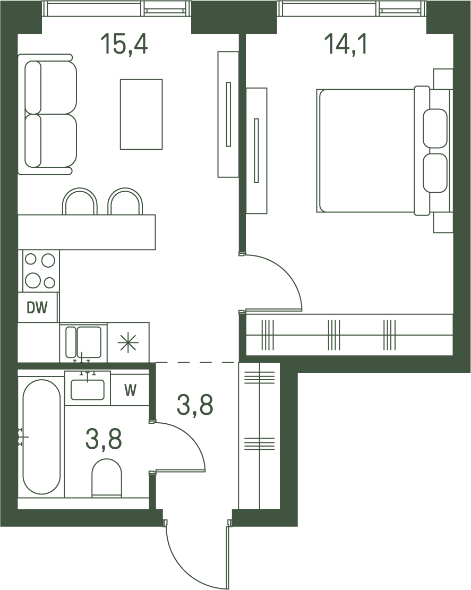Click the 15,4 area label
pyautogui.click(x=124, y=44)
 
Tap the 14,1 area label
pyautogui.click(x=345, y=44)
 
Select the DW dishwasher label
pyautogui.click(x=37, y=308)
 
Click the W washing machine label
pyautogui.click(x=130, y=390)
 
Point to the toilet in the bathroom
pyautogui.click(x=107, y=477)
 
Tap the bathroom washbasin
pyautogui.click(x=88, y=389)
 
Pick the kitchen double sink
pyautogui.click(x=83, y=342)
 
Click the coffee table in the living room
pyautogui.click(x=141, y=114)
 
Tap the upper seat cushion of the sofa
pyautogui.click(x=51, y=87)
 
